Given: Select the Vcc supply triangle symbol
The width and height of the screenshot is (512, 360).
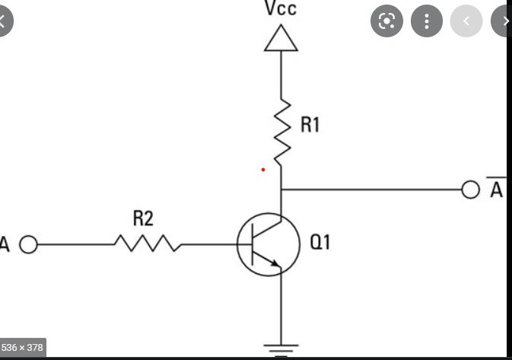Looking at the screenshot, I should [x=281, y=38].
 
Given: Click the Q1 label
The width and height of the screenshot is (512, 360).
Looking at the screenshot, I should [x=320, y=244].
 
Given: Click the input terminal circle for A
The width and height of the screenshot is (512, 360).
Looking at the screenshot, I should [x=28, y=245].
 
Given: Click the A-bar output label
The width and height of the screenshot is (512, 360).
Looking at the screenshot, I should [x=496, y=190].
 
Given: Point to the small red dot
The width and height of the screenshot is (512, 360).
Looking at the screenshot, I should [x=263, y=169].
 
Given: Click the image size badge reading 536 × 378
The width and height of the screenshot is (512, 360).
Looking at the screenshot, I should [x=24, y=347].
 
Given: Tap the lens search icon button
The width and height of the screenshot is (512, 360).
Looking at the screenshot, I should [x=386, y=21].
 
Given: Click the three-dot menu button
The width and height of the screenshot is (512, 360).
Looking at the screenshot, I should [x=427, y=21].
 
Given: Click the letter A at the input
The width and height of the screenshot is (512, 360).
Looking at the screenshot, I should [x=5, y=245].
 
